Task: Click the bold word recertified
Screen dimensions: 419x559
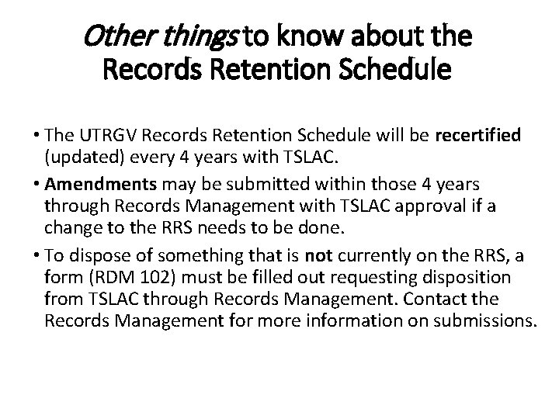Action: pyautogui.click(x=479, y=137)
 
